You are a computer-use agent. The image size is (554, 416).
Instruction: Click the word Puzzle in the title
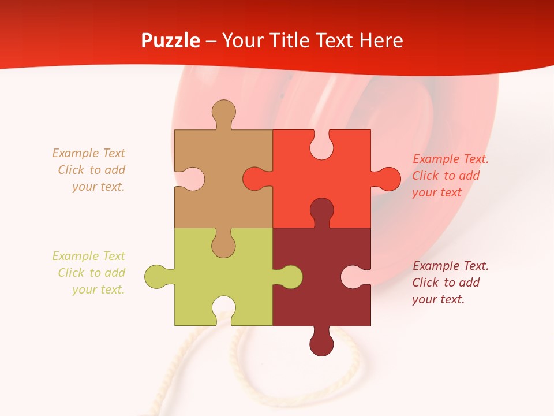(x=171, y=40)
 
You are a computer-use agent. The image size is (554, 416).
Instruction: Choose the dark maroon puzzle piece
(x=312, y=295)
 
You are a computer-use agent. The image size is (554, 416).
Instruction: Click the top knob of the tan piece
(x=223, y=112)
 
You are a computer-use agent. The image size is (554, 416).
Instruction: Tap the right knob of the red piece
(x=388, y=179)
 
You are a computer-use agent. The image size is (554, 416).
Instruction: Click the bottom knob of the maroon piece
(x=321, y=344)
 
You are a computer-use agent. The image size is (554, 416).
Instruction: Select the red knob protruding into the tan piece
(x=254, y=179)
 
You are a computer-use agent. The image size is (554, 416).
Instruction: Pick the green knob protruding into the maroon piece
(x=290, y=277)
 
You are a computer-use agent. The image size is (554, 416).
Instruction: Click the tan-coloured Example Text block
(x=90, y=170)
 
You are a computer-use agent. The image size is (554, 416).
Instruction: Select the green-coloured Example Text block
(x=90, y=273)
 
